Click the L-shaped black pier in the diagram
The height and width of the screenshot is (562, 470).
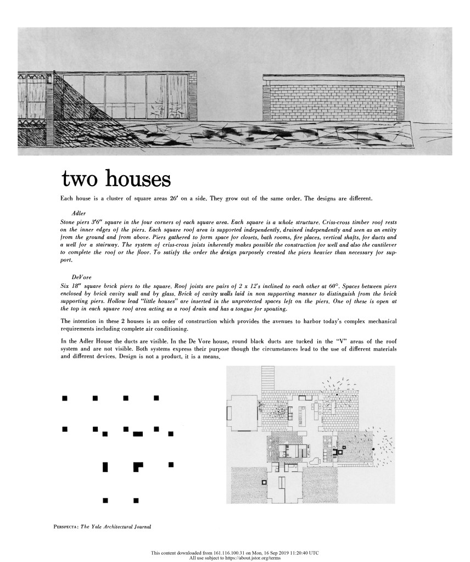(x=138, y=468)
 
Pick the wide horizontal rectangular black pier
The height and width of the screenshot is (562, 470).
(x=138, y=435)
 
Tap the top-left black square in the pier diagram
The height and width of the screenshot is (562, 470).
(x=65, y=397)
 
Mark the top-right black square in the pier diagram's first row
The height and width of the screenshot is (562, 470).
(x=156, y=397)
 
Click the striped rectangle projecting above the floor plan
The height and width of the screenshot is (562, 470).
(x=268, y=378)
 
